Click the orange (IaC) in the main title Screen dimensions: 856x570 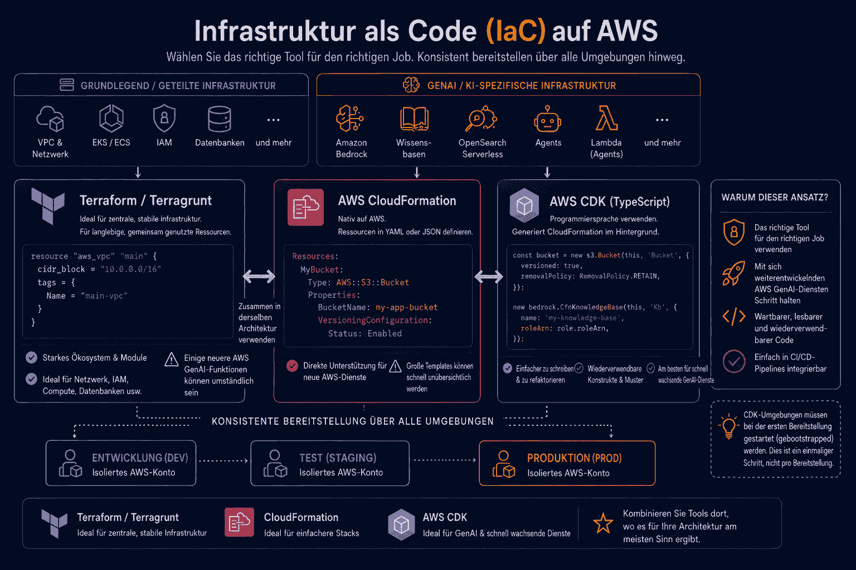515,31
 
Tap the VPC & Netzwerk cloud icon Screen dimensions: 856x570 50,119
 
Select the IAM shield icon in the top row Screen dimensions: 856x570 164,118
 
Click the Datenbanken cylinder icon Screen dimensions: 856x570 220,119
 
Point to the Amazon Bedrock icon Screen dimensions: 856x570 349,119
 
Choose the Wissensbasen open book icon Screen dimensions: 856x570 414,119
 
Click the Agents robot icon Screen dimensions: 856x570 548,119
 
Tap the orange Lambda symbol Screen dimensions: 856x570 606,118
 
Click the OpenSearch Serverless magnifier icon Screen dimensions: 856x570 481,119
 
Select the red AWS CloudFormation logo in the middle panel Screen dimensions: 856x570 305,207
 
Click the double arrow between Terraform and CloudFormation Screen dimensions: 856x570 259,276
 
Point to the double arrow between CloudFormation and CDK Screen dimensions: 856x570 489,276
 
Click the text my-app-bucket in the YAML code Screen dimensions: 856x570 407,307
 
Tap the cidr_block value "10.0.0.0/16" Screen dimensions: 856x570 131,269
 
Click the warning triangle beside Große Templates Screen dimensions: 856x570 395,366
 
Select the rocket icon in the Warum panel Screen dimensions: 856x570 734,273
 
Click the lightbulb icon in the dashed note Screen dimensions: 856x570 728,426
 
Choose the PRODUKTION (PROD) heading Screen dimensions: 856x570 575,458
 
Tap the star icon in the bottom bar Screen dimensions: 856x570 603,523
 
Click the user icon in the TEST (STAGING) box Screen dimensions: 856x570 275,463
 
